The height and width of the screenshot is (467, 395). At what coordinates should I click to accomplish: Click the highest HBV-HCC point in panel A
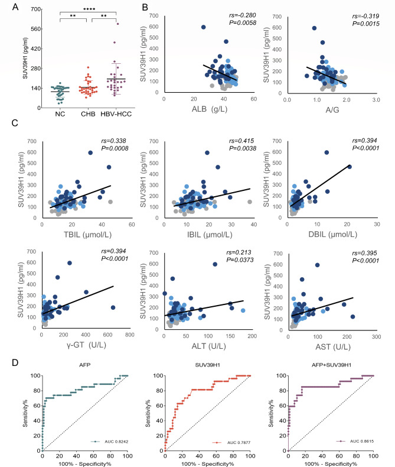(117, 24)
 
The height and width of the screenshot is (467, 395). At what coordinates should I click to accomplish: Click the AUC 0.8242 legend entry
(109, 440)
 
